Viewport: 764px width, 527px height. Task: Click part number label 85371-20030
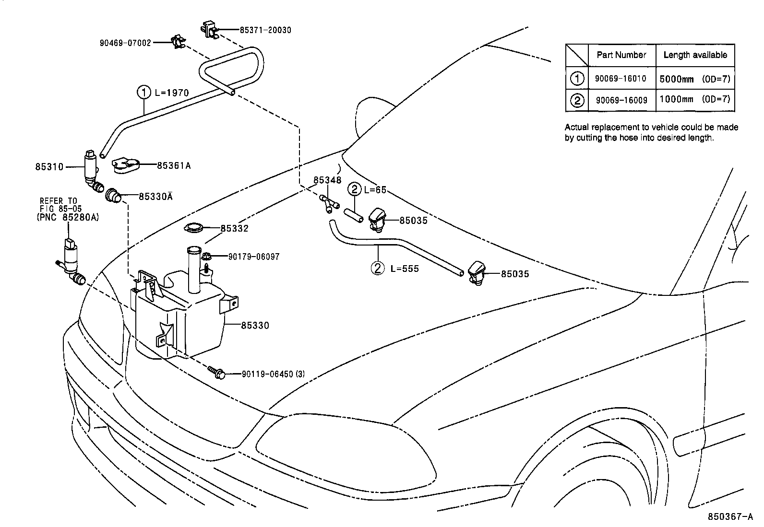(x=265, y=30)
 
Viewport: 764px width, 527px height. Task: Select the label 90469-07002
(x=125, y=43)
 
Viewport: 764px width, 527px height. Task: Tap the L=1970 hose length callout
(x=171, y=93)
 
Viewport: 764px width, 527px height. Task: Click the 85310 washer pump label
(x=49, y=167)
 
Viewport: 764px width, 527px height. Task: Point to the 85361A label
(x=174, y=165)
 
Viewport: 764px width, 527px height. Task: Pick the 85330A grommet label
(x=155, y=196)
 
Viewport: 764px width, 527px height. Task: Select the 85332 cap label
(x=234, y=228)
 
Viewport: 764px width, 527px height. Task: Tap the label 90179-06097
(x=253, y=257)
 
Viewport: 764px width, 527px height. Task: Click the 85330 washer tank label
(x=255, y=326)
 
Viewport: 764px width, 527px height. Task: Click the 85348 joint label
(x=327, y=180)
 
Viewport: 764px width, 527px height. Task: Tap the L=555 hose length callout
(x=404, y=269)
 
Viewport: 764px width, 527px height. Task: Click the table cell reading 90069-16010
(x=621, y=79)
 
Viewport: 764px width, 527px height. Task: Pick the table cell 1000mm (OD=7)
(x=694, y=100)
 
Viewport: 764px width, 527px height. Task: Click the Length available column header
(x=695, y=55)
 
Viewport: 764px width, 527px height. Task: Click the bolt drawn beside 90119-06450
(x=217, y=372)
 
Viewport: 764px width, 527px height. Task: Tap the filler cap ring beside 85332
(x=194, y=229)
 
